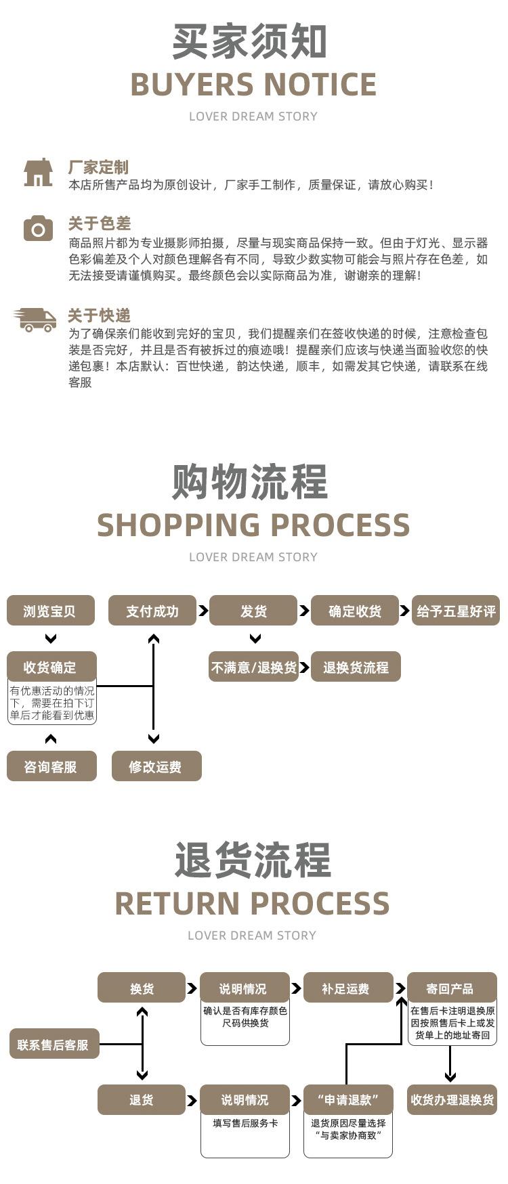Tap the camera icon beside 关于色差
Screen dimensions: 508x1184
(x=38, y=228)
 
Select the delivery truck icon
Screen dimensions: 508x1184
(x=35, y=320)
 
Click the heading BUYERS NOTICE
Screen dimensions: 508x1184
(x=253, y=85)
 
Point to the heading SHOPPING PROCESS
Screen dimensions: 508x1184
(x=253, y=525)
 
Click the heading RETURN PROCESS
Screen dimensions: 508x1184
(x=253, y=904)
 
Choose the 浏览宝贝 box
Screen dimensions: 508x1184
(x=50, y=611)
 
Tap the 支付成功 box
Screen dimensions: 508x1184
(x=152, y=611)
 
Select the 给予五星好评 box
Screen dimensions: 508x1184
(x=456, y=611)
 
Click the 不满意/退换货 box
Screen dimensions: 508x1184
(x=254, y=667)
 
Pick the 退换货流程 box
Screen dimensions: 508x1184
(x=356, y=667)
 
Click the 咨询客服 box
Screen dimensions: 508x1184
(x=51, y=766)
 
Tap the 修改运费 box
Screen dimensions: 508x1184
(x=156, y=766)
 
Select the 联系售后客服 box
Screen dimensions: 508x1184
(x=54, y=1045)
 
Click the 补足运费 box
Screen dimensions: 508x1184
(x=348, y=988)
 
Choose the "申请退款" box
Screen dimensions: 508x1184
(x=348, y=1100)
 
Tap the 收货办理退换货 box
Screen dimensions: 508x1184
(x=452, y=1100)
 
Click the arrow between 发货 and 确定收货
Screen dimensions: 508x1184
(x=304, y=611)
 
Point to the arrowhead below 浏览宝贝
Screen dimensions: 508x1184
(x=50, y=638)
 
